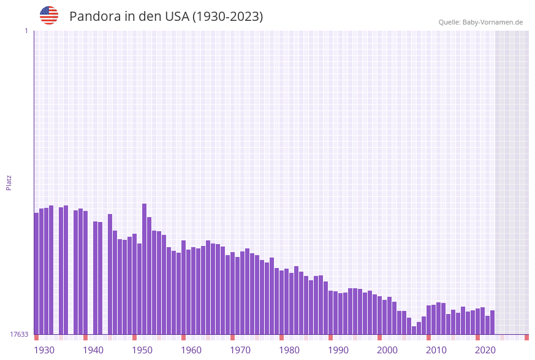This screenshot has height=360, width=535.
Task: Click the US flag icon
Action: tap(49, 15)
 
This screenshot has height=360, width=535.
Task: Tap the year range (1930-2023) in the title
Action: tap(227, 17)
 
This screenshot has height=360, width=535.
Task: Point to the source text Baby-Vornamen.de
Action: tap(493, 22)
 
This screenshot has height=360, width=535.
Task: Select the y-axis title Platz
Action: tap(9, 182)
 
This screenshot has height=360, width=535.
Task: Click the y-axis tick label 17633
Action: tap(18, 334)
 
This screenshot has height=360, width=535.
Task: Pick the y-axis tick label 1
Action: tap(26, 31)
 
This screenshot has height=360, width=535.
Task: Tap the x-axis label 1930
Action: tap(44, 350)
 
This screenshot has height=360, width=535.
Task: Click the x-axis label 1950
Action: tap(142, 350)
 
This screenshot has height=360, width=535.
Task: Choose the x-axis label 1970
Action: tap(240, 350)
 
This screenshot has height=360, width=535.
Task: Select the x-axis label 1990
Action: tap(338, 350)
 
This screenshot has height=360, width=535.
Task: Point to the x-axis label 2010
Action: tap(436, 350)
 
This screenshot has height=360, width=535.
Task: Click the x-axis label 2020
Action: tap(485, 350)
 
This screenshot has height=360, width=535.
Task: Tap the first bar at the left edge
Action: tap(37, 274)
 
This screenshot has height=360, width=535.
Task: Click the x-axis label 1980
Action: tap(289, 350)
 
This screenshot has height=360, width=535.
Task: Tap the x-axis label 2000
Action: tap(387, 350)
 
